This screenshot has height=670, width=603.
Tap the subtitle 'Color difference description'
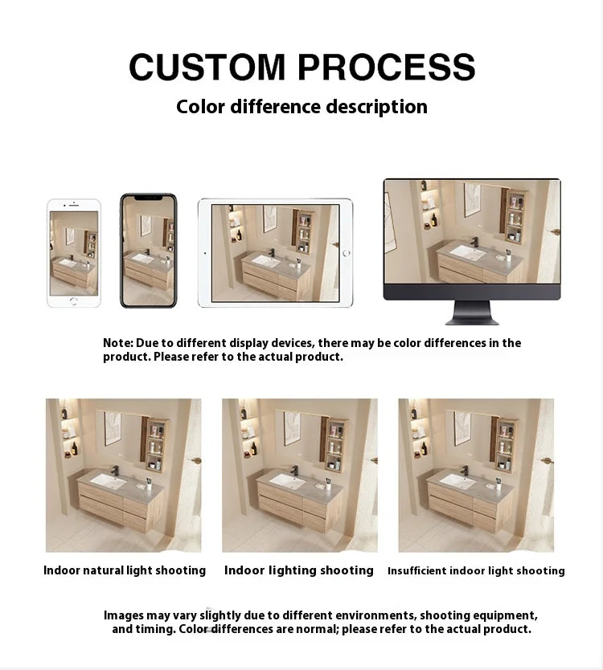[301, 107]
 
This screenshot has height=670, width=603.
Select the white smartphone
[74, 253]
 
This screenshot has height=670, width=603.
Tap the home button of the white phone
[74, 300]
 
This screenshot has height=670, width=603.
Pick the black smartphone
[148, 251]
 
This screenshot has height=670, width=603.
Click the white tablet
[275, 252]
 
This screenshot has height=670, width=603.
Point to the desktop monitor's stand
[472, 312]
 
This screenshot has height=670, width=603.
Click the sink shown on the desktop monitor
[467, 253]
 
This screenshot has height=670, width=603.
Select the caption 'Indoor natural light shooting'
[125, 570]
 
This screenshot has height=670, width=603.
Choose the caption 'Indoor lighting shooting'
[299, 570]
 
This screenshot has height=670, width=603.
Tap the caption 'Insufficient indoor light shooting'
[476, 571]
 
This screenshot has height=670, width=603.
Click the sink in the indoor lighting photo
[288, 480]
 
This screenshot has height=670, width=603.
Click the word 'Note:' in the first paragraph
[117, 343]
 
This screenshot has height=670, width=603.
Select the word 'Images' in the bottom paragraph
[124, 615]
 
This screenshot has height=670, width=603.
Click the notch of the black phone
[148, 197]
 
